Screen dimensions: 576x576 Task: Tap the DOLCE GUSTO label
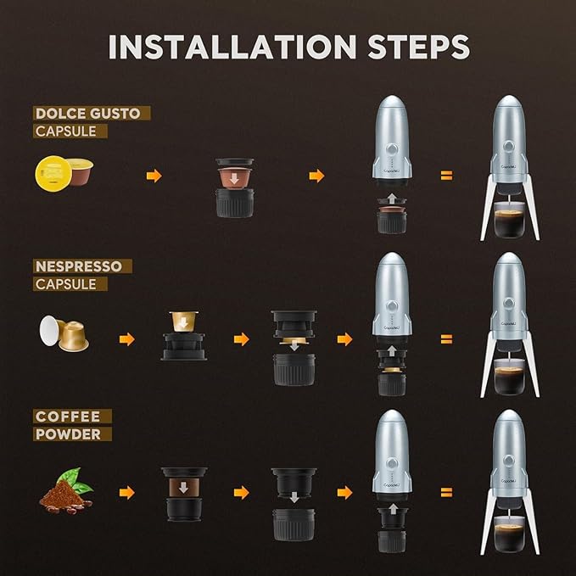(x=92, y=113)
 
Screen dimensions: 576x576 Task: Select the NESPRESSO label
(x=78, y=266)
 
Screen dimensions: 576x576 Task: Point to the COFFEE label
(x=68, y=417)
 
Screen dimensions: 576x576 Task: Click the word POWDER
(x=73, y=434)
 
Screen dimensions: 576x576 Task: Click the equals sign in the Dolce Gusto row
(x=446, y=176)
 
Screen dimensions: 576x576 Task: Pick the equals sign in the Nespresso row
(x=446, y=339)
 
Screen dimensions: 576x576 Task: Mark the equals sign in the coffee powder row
(x=446, y=492)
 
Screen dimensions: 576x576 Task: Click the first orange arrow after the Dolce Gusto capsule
(x=154, y=176)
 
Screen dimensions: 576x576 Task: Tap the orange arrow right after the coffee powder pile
(x=127, y=492)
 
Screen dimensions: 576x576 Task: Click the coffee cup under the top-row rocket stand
(x=509, y=223)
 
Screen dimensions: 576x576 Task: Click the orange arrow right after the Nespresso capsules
(x=127, y=339)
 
